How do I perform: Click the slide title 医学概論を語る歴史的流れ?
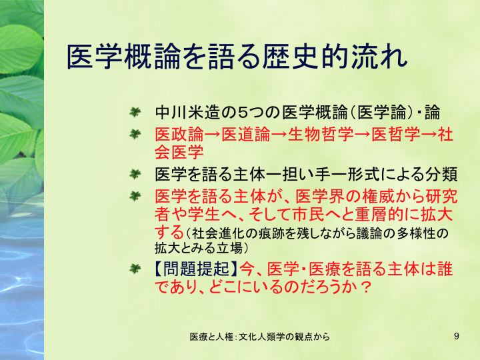click(237, 57)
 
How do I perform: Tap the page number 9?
click(457, 336)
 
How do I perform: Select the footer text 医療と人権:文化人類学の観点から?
click(259, 337)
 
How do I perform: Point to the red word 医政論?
click(179, 135)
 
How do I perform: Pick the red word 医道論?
click(246, 135)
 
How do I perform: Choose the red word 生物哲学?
click(321, 135)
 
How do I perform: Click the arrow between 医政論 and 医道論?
click(213, 135)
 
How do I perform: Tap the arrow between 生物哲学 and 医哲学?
click(363, 135)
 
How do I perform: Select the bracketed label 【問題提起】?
click(195, 269)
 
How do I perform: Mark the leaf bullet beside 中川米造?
click(135, 112)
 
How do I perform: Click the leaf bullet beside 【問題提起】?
click(135, 269)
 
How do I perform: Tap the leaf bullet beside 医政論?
click(135, 134)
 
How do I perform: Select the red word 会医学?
click(179, 152)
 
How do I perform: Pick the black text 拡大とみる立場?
click(199, 248)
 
